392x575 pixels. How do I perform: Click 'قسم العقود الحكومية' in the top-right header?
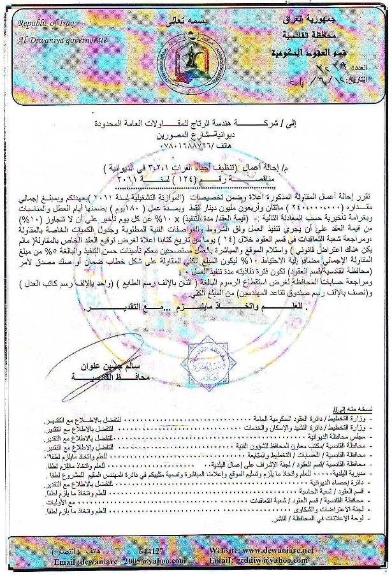tap(330, 53)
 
